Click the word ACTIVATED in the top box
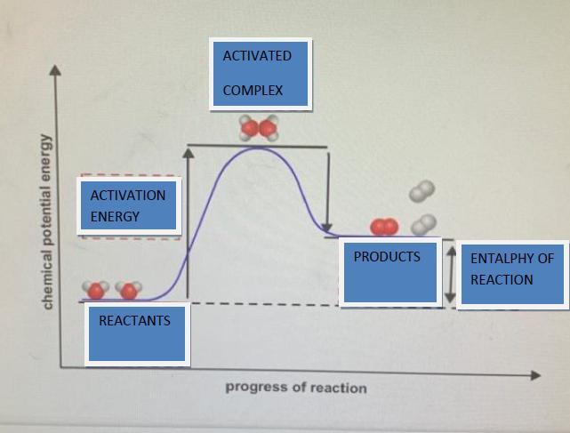[257, 56]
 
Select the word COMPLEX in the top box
[253, 91]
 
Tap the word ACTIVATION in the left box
[128, 196]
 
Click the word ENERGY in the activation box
[115, 217]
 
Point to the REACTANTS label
[134, 320]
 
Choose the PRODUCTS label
[387, 257]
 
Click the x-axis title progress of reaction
[295, 388]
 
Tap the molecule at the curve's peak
[259, 129]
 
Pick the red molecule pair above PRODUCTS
[384, 228]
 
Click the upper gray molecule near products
[421, 191]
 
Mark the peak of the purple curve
[258, 148]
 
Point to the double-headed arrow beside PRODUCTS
[451, 272]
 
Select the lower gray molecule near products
[426, 223]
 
